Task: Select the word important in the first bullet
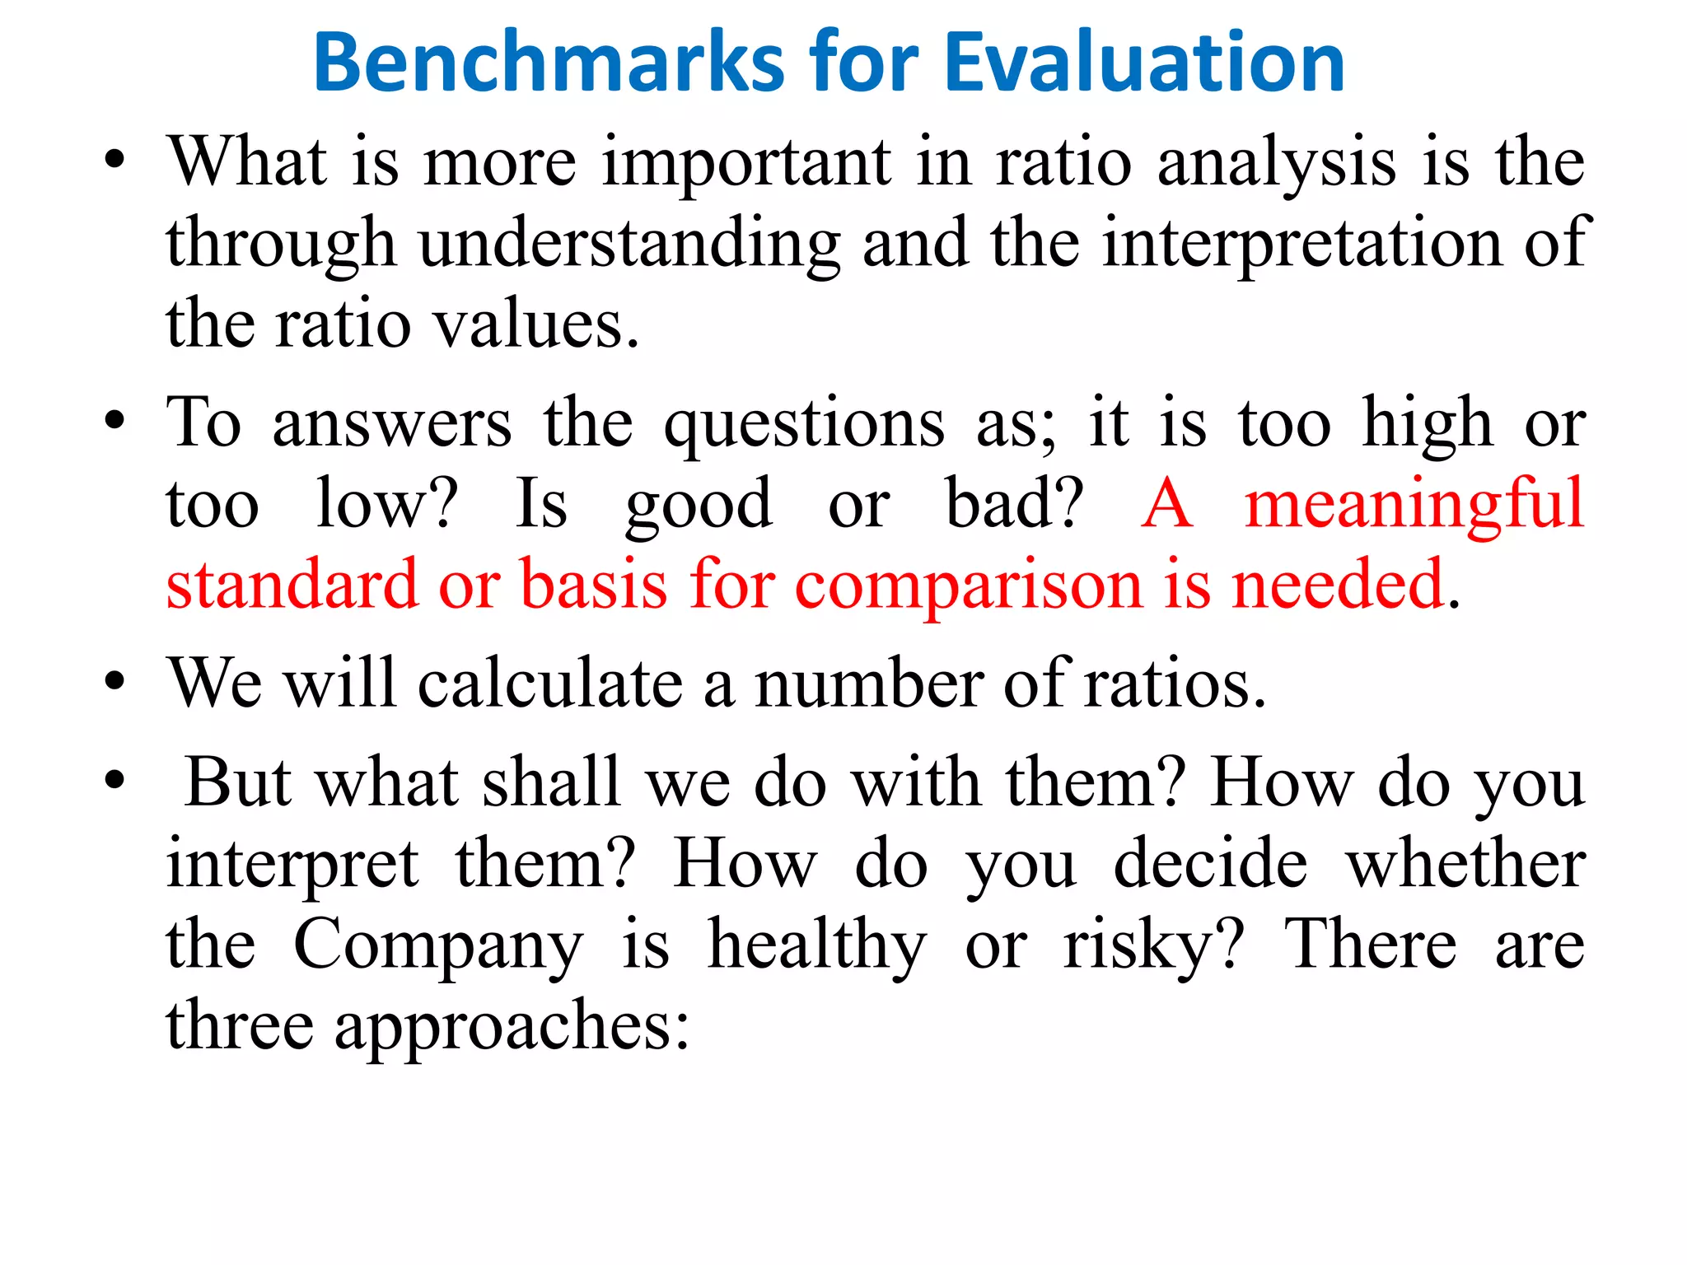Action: point(746,163)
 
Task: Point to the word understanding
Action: point(630,244)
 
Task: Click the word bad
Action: point(1013,504)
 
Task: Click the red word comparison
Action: point(969,585)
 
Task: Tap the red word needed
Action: point(1339,585)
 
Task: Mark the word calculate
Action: point(550,684)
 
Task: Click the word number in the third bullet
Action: point(869,684)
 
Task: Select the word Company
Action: point(438,945)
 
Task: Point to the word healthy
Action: point(818,945)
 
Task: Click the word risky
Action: point(1152,945)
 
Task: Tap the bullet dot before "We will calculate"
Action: point(114,682)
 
